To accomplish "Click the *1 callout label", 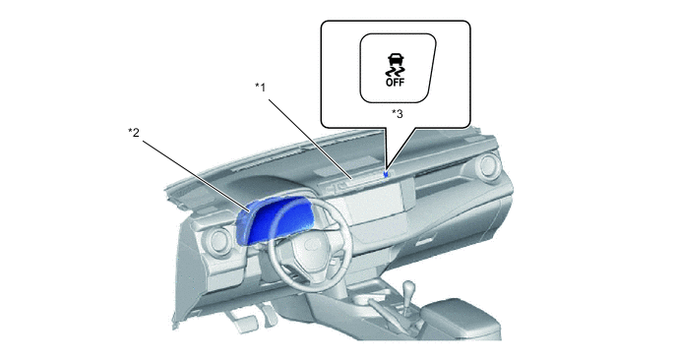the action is click(x=260, y=88).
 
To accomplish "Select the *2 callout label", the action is click(x=134, y=132).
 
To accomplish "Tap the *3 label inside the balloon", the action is click(x=398, y=113).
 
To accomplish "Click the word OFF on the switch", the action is click(x=396, y=82).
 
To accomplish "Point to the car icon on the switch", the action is click(x=396, y=60).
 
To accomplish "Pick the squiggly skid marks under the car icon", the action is click(x=396, y=71).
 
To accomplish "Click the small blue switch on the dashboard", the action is click(x=386, y=174).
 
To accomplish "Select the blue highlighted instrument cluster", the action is click(x=275, y=219).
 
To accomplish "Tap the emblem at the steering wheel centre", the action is click(x=310, y=246).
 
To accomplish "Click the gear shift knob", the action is click(x=407, y=289).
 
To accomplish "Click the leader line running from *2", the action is click(x=196, y=176).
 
